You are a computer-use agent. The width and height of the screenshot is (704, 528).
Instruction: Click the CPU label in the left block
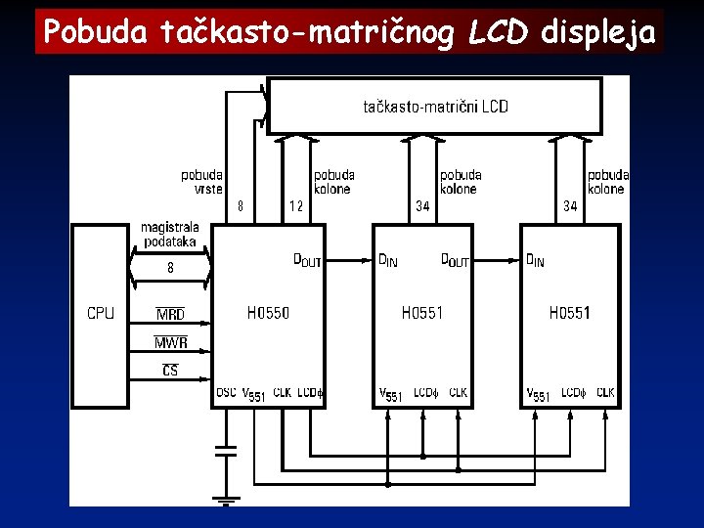101,313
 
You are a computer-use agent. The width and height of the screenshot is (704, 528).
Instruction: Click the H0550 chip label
268,313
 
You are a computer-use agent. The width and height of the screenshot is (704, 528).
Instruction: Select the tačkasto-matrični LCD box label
435,106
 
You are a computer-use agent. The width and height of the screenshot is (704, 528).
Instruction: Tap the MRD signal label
170,315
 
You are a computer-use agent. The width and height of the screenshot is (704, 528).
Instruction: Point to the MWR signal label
170,343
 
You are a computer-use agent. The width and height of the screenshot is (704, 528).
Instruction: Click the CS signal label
170,371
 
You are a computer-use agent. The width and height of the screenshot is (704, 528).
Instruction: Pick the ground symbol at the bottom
226,500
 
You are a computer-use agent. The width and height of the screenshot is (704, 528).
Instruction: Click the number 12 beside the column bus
296,206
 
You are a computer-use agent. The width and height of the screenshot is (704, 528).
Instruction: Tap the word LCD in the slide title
498,32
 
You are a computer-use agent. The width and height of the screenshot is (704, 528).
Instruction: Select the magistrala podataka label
170,235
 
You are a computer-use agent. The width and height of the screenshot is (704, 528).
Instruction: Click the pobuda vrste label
201,182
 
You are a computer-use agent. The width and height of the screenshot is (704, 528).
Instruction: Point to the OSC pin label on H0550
226,393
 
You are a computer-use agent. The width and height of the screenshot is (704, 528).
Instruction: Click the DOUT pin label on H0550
307,260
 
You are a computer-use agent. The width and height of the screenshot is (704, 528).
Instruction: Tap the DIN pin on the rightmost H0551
536,260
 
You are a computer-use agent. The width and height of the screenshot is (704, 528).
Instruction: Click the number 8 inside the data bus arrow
170,267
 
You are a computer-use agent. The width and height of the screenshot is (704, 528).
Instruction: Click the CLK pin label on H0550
282,393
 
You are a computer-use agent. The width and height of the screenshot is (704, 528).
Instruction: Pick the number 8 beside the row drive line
241,206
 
